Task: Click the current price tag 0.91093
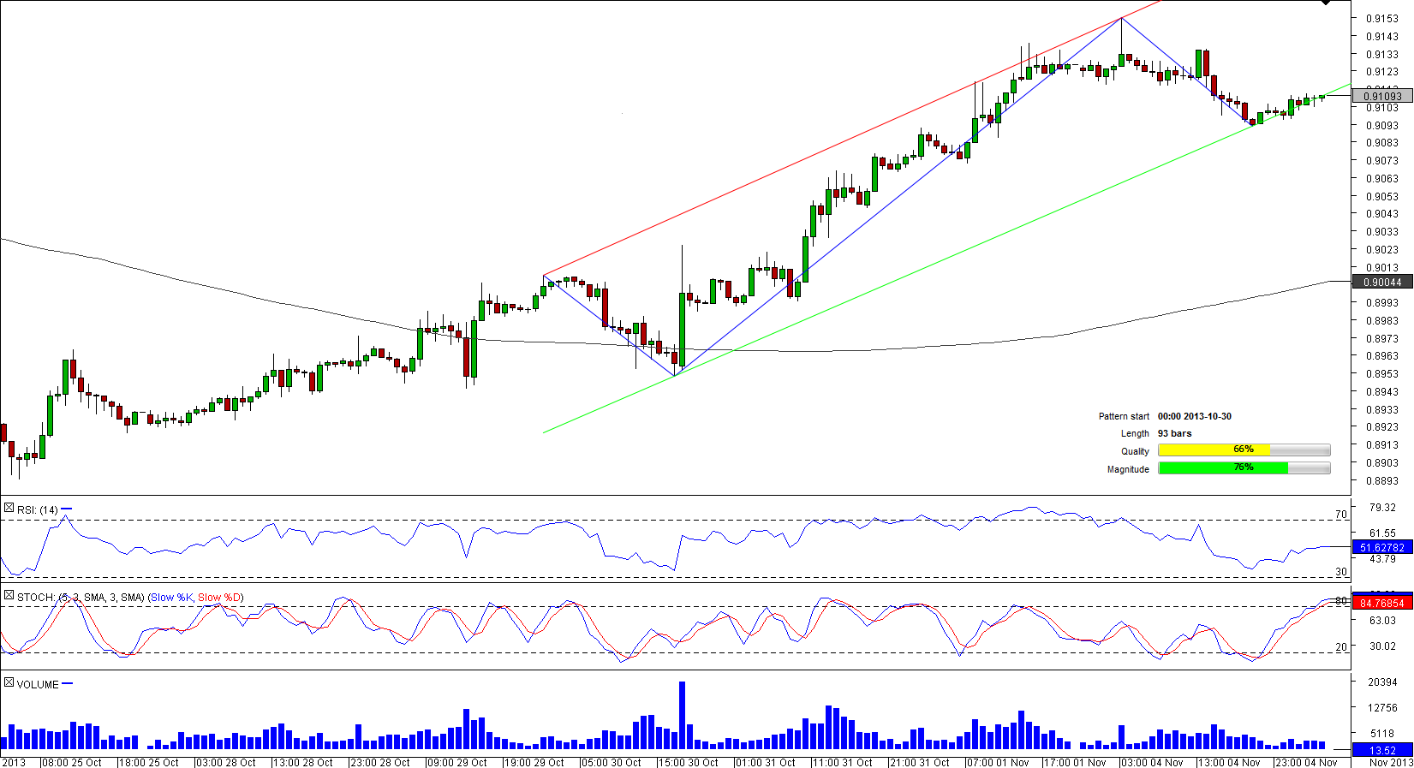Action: click(x=1381, y=96)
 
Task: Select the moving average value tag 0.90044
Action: click(x=1381, y=283)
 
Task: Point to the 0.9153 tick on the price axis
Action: click(x=1381, y=18)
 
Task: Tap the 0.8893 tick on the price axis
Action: click(x=1381, y=480)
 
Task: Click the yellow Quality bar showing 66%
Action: click(x=1214, y=450)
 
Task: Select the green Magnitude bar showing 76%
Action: click(x=1222, y=468)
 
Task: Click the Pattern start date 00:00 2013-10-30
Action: click(x=1194, y=416)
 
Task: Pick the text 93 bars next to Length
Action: click(x=1174, y=433)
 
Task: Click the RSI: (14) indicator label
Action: click(x=37, y=510)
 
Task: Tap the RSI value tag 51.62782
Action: click(x=1381, y=547)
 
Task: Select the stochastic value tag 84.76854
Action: click(x=1381, y=603)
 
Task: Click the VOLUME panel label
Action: click(x=38, y=685)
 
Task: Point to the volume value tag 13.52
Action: click(x=1381, y=751)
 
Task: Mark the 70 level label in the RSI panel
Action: click(x=1341, y=515)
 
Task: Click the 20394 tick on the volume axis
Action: click(x=1382, y=682)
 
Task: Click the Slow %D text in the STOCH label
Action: click(x=219, y=598)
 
